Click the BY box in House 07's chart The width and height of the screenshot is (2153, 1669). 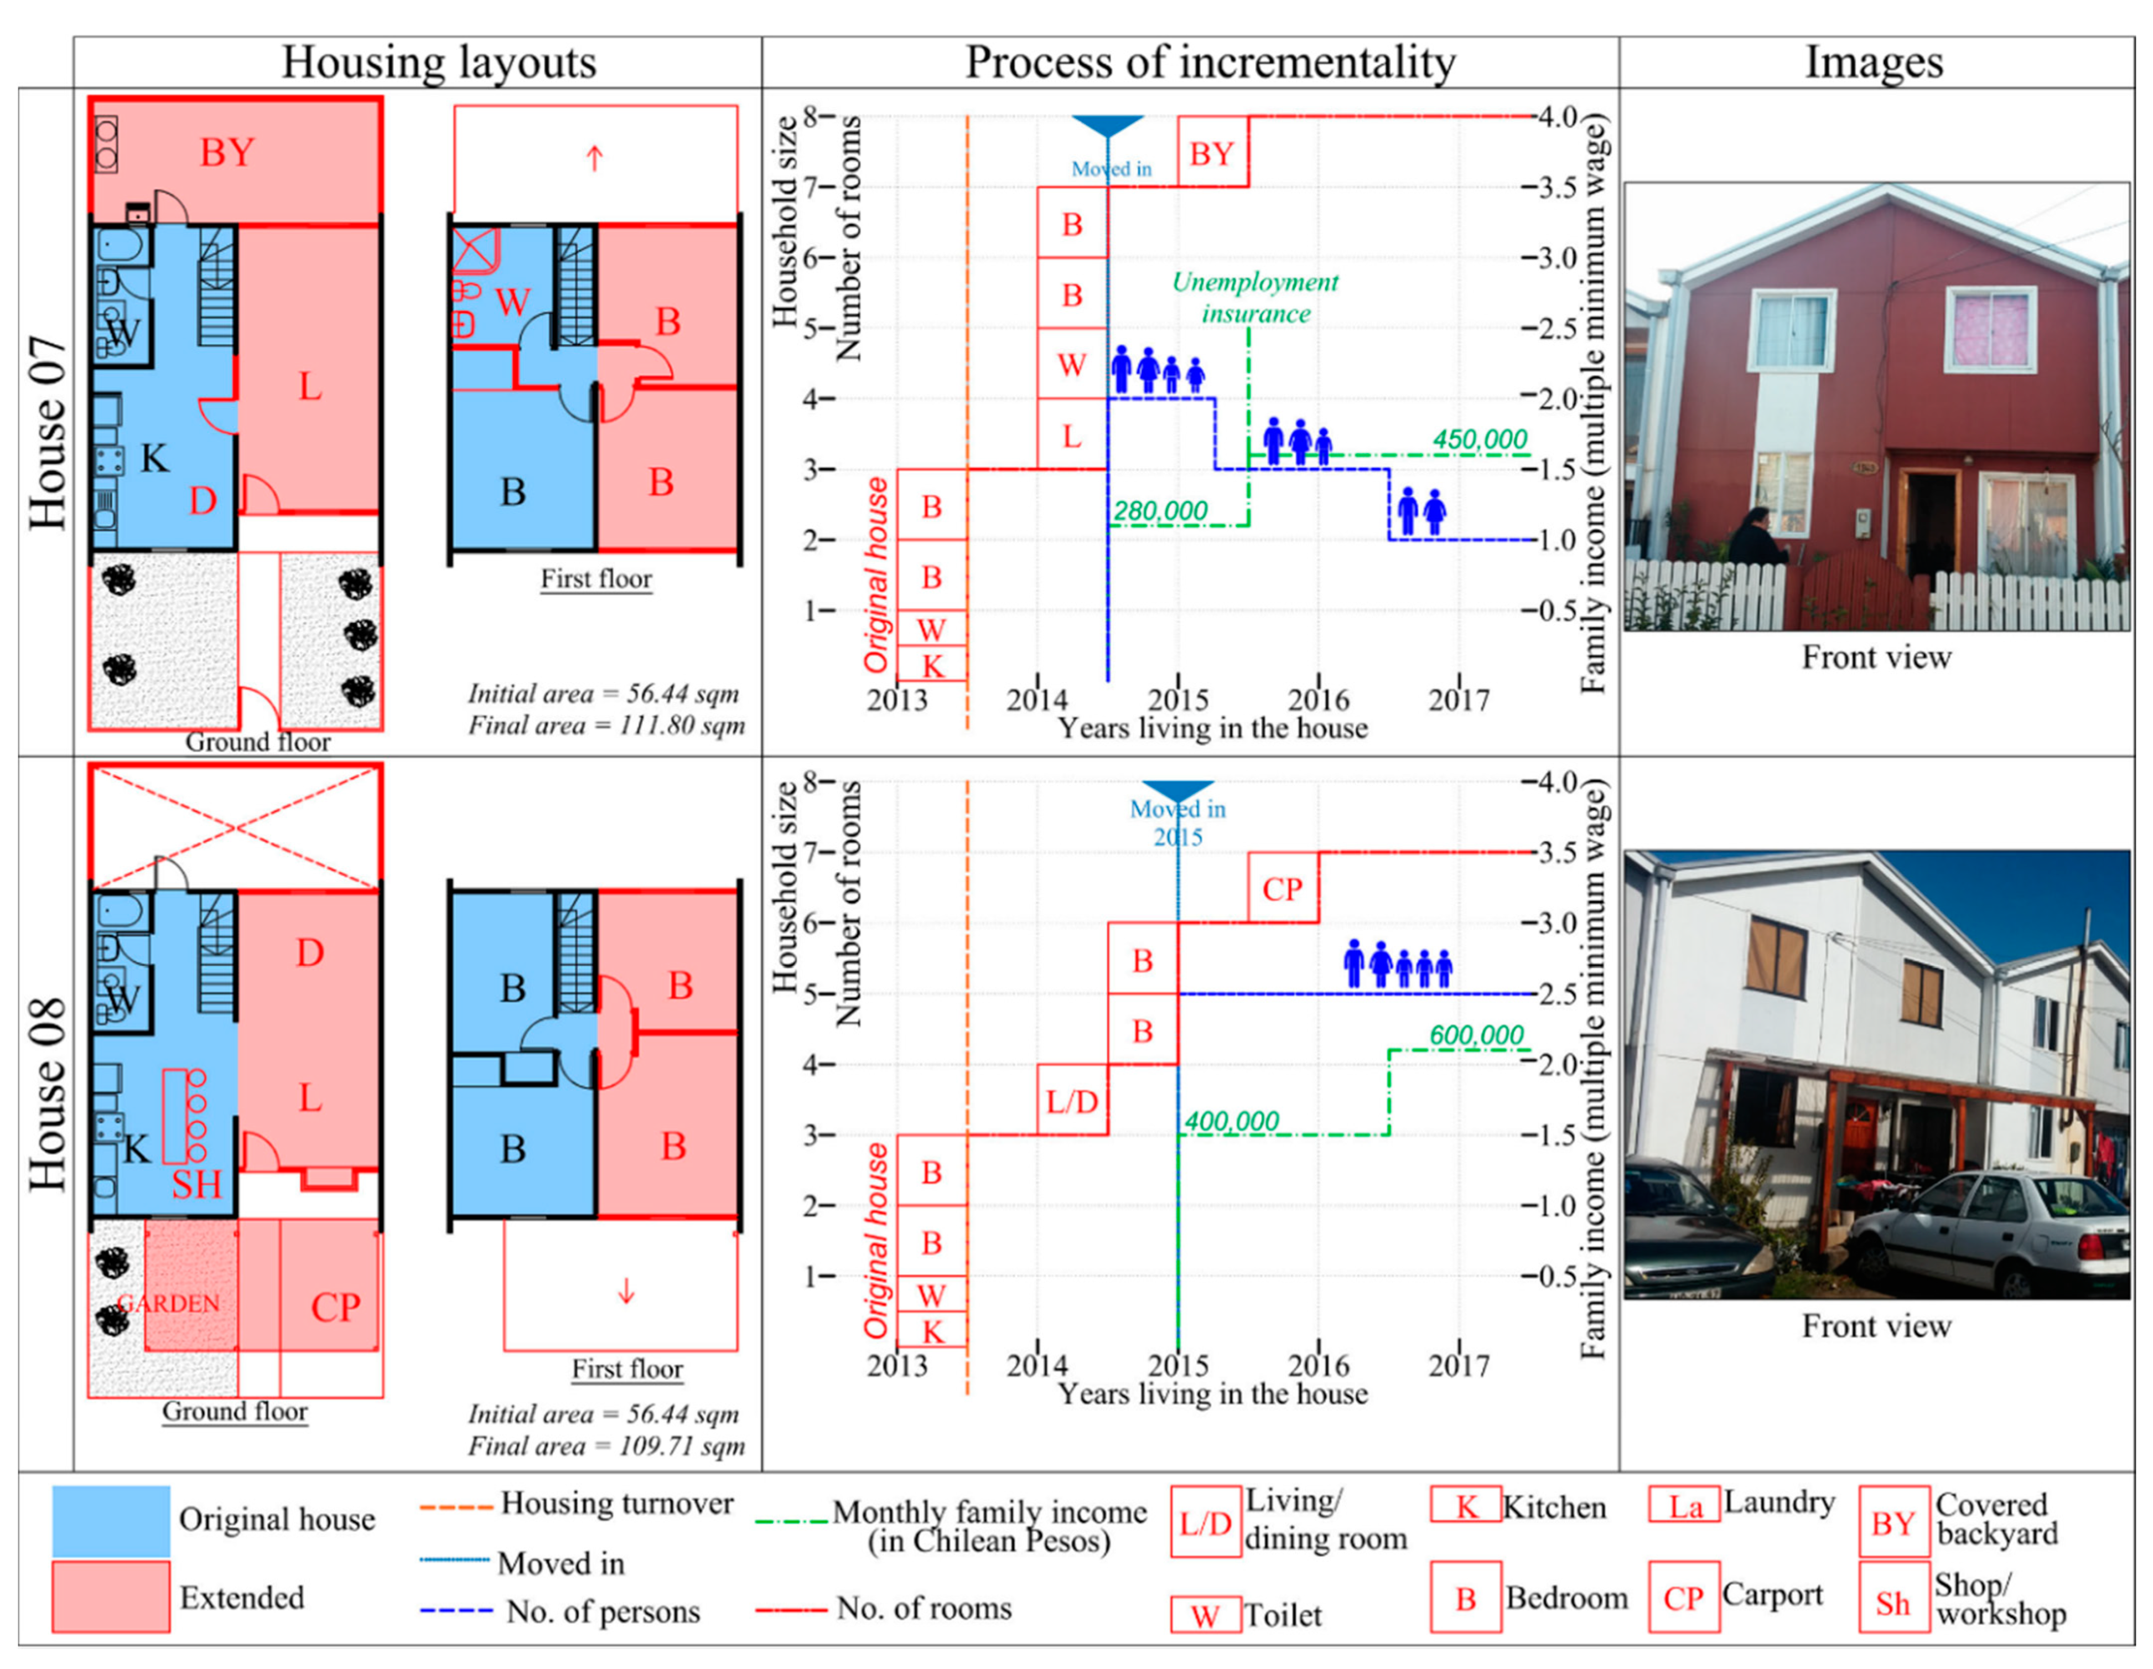click(x=1212, y=153)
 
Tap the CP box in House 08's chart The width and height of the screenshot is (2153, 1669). click(x=1283, y=888)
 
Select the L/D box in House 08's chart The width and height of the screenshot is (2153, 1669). click(x=1072, y=1100)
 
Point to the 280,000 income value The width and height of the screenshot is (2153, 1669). click(x=1160, y=511)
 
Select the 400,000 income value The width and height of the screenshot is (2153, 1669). click(x=1231, y=1121)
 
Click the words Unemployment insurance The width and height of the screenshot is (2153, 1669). click(x=1255, y=298)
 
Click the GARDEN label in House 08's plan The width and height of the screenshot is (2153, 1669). click(x=169, y=1303)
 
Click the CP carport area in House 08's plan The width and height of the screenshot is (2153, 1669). click(x=335, y=1307)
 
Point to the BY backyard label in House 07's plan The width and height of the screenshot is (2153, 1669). click(x=228, y=153)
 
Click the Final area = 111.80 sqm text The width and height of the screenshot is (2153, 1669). click(x=605, y=725)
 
